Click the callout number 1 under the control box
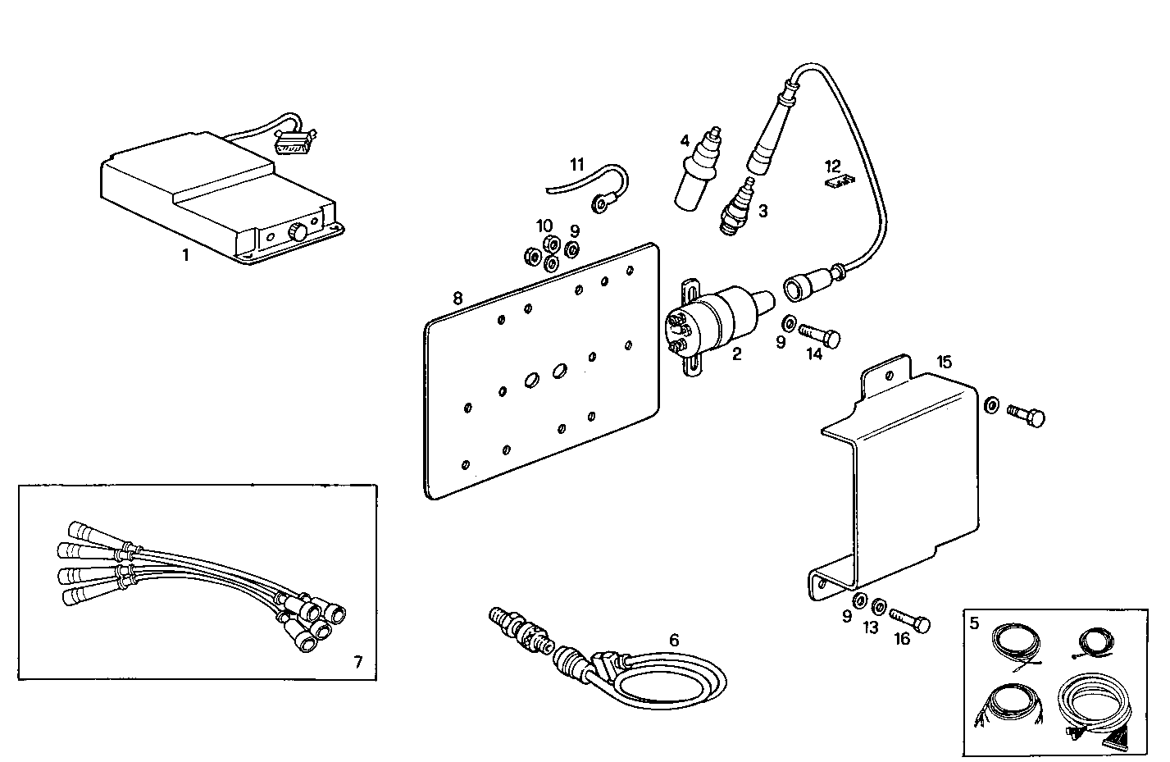[185, 255]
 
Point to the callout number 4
[684, 140]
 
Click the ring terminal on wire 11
[602, 203]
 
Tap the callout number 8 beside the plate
[458, 299]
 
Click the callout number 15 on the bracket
[944, 361]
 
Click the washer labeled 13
[877, 607]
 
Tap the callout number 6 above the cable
[674, 639]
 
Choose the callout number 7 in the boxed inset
[357, 661]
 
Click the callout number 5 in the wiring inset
[974, 623]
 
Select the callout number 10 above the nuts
[544, 226]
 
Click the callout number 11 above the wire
[577, 163]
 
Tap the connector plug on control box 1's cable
[292, 144]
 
